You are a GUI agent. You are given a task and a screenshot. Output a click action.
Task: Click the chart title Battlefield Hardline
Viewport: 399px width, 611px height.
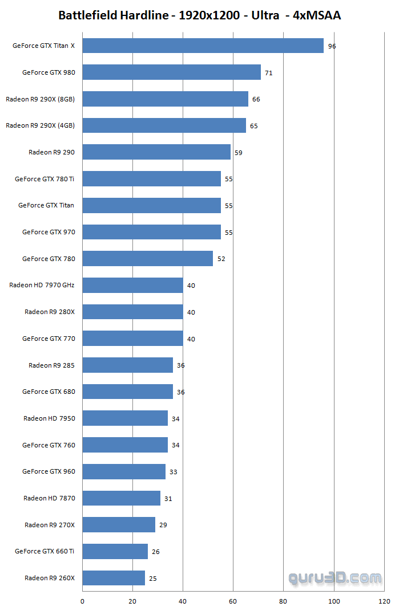pos(199,15)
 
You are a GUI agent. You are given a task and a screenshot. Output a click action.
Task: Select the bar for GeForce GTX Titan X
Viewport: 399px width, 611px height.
pos(203,46)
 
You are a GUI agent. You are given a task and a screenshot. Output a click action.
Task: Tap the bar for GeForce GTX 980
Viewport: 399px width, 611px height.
pos(171,72)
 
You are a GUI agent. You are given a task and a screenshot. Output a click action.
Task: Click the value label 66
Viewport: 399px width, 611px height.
pos(256,99)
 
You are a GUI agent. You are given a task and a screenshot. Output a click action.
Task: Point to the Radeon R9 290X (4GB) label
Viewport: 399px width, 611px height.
pos(40,125)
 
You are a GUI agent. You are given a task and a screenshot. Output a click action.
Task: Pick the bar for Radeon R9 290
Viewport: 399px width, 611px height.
pos(156,152)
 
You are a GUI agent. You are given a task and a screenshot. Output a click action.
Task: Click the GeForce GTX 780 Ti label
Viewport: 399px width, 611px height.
pos(45,179)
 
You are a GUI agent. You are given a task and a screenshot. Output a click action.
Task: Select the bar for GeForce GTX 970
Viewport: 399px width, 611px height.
pos(151,232)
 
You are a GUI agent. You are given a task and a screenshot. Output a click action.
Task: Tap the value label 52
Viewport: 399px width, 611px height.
pos(221,259)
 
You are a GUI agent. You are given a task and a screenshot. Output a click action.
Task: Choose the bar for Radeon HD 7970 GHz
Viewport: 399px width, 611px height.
pos(132,285)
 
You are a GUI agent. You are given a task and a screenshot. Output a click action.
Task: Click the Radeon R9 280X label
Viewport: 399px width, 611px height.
pos(50,312)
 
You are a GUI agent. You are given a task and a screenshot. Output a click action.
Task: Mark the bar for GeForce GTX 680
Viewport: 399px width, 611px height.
pos(127,392)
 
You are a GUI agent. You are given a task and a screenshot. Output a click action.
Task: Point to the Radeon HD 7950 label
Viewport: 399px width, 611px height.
pos(49,418)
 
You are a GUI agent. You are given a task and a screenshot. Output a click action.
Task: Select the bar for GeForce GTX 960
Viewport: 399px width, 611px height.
pos(124,471)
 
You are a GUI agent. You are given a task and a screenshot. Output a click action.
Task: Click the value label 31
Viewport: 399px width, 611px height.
pos(168,499)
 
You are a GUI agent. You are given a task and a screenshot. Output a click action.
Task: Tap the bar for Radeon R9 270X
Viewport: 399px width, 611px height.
pos(119,525)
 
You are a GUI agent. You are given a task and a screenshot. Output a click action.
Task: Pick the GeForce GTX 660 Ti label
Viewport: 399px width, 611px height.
pos(45,551)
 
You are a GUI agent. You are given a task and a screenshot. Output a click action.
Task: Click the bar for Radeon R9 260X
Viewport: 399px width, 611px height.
pos(114,578)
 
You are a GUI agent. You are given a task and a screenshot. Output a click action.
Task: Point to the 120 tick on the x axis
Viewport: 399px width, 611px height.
pos(384,601)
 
